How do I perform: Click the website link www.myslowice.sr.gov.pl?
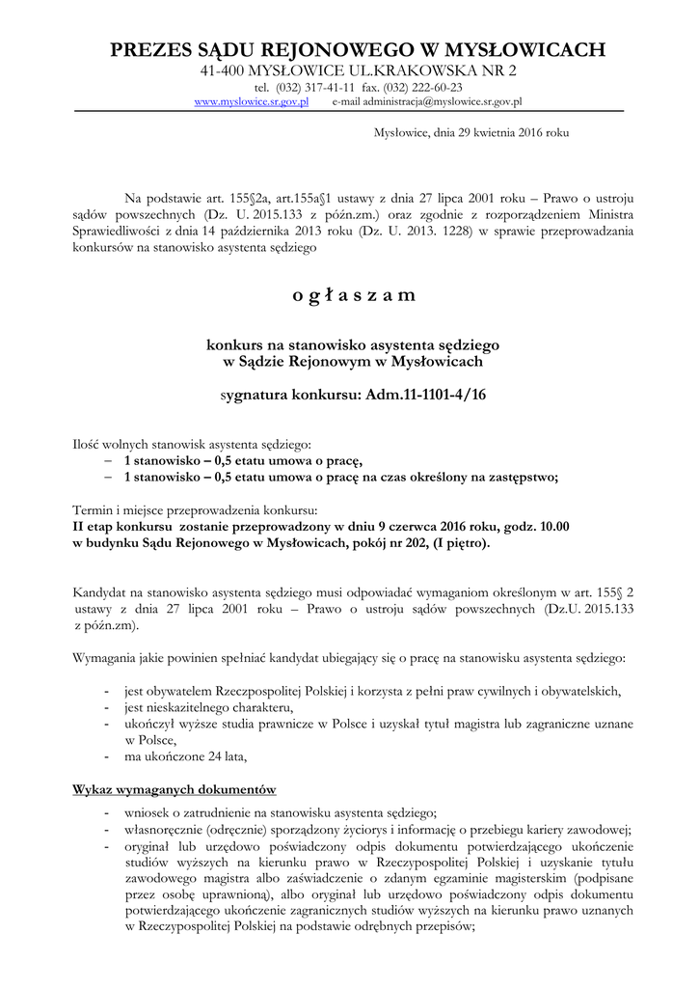(x=251, y=101)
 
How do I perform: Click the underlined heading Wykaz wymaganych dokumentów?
(x=175, y=790)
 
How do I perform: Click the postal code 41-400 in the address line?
(x=222, y=70)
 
